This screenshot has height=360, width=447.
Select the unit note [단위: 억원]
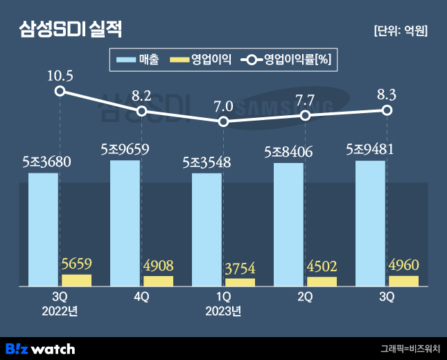400,31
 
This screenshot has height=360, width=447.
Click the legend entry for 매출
138,59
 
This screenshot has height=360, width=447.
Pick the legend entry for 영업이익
202,59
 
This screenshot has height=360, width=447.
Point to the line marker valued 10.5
60,91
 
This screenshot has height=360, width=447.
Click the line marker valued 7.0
223,121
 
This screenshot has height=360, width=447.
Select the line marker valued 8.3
387,110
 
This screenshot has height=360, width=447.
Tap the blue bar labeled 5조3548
207,230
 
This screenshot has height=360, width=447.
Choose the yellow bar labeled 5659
76,280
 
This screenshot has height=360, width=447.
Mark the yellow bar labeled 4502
322,282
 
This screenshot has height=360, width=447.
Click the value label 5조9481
369,150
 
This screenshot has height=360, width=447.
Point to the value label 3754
240,268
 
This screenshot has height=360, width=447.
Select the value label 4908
158,266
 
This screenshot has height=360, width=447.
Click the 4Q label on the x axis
141,297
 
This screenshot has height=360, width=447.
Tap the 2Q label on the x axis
305,297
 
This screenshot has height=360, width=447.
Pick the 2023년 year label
223,311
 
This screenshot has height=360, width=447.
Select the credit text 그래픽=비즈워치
409,348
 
